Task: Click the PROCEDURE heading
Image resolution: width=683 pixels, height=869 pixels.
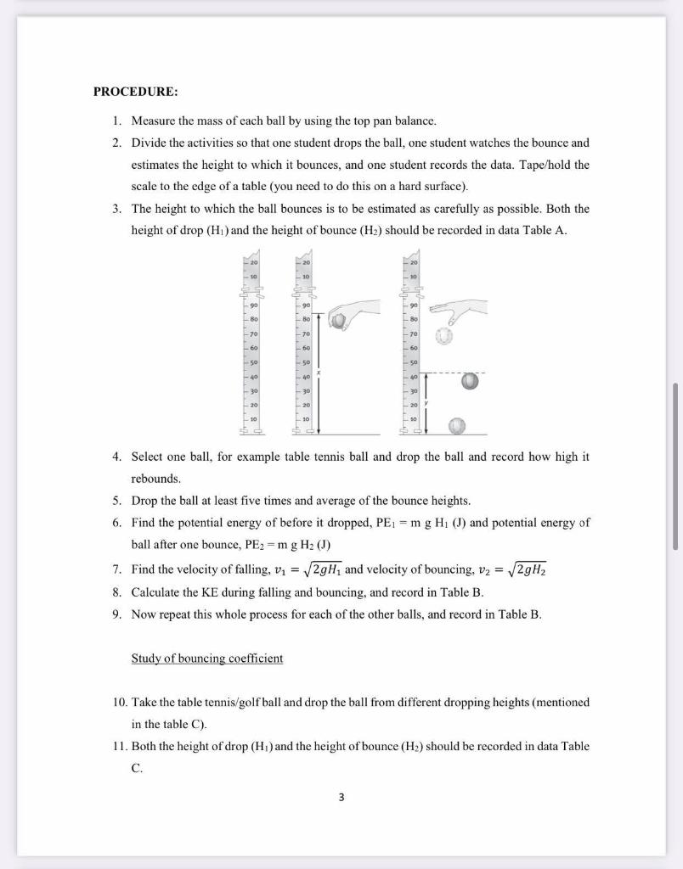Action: coord(136,92)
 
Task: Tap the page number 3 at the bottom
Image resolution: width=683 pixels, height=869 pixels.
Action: coord(341,797)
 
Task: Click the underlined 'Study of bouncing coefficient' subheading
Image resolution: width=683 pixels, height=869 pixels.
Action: coord(207,658)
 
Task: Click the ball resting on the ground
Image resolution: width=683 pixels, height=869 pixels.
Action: coord(457,424)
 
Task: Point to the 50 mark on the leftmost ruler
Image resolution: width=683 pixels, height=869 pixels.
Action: coord(252,362)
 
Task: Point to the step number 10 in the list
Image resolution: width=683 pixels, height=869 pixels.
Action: coord(119,703)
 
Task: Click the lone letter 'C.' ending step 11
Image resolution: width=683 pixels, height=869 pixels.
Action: coord(137,768)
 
